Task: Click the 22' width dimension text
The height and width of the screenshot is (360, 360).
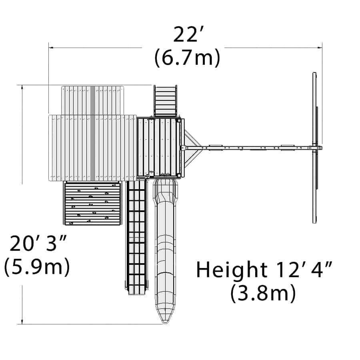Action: pyautogui.click(x=186, y=34)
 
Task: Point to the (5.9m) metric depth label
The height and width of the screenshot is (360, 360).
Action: pyautogui.click(x=37, y=266)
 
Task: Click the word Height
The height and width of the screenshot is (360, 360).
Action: pyautogui.click(x=232, y=270)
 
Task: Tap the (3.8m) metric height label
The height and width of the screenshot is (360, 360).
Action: pyautogui.click(x=263, y=293)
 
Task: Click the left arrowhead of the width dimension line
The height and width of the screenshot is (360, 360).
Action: pyautogui.click(x=51, y=48)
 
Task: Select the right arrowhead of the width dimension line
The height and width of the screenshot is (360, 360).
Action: pyautogui.click(x=319, y=48)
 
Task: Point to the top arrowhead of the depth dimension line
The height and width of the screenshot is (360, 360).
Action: pyautogui.click(x=22, y=88)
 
